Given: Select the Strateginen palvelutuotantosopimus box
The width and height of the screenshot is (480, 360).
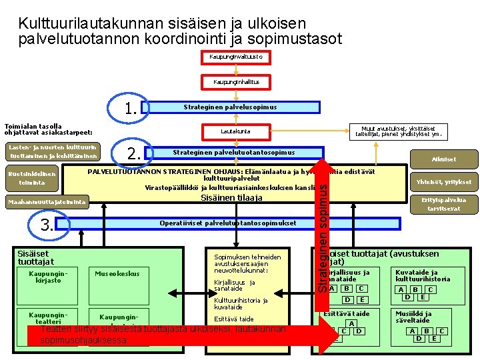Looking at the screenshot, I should pos(233,153).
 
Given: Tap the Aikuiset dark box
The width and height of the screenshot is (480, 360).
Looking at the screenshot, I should pos(443,159).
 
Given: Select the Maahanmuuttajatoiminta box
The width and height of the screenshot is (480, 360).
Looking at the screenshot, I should pos(47,202).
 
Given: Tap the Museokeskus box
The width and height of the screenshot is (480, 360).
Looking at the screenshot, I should pos(117,273).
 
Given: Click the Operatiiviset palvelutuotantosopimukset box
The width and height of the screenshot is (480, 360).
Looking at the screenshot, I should pos(229,223).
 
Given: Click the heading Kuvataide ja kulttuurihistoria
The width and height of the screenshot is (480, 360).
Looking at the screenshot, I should pos(423,275).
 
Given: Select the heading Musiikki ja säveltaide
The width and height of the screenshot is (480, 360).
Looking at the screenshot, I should pos(413,317).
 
